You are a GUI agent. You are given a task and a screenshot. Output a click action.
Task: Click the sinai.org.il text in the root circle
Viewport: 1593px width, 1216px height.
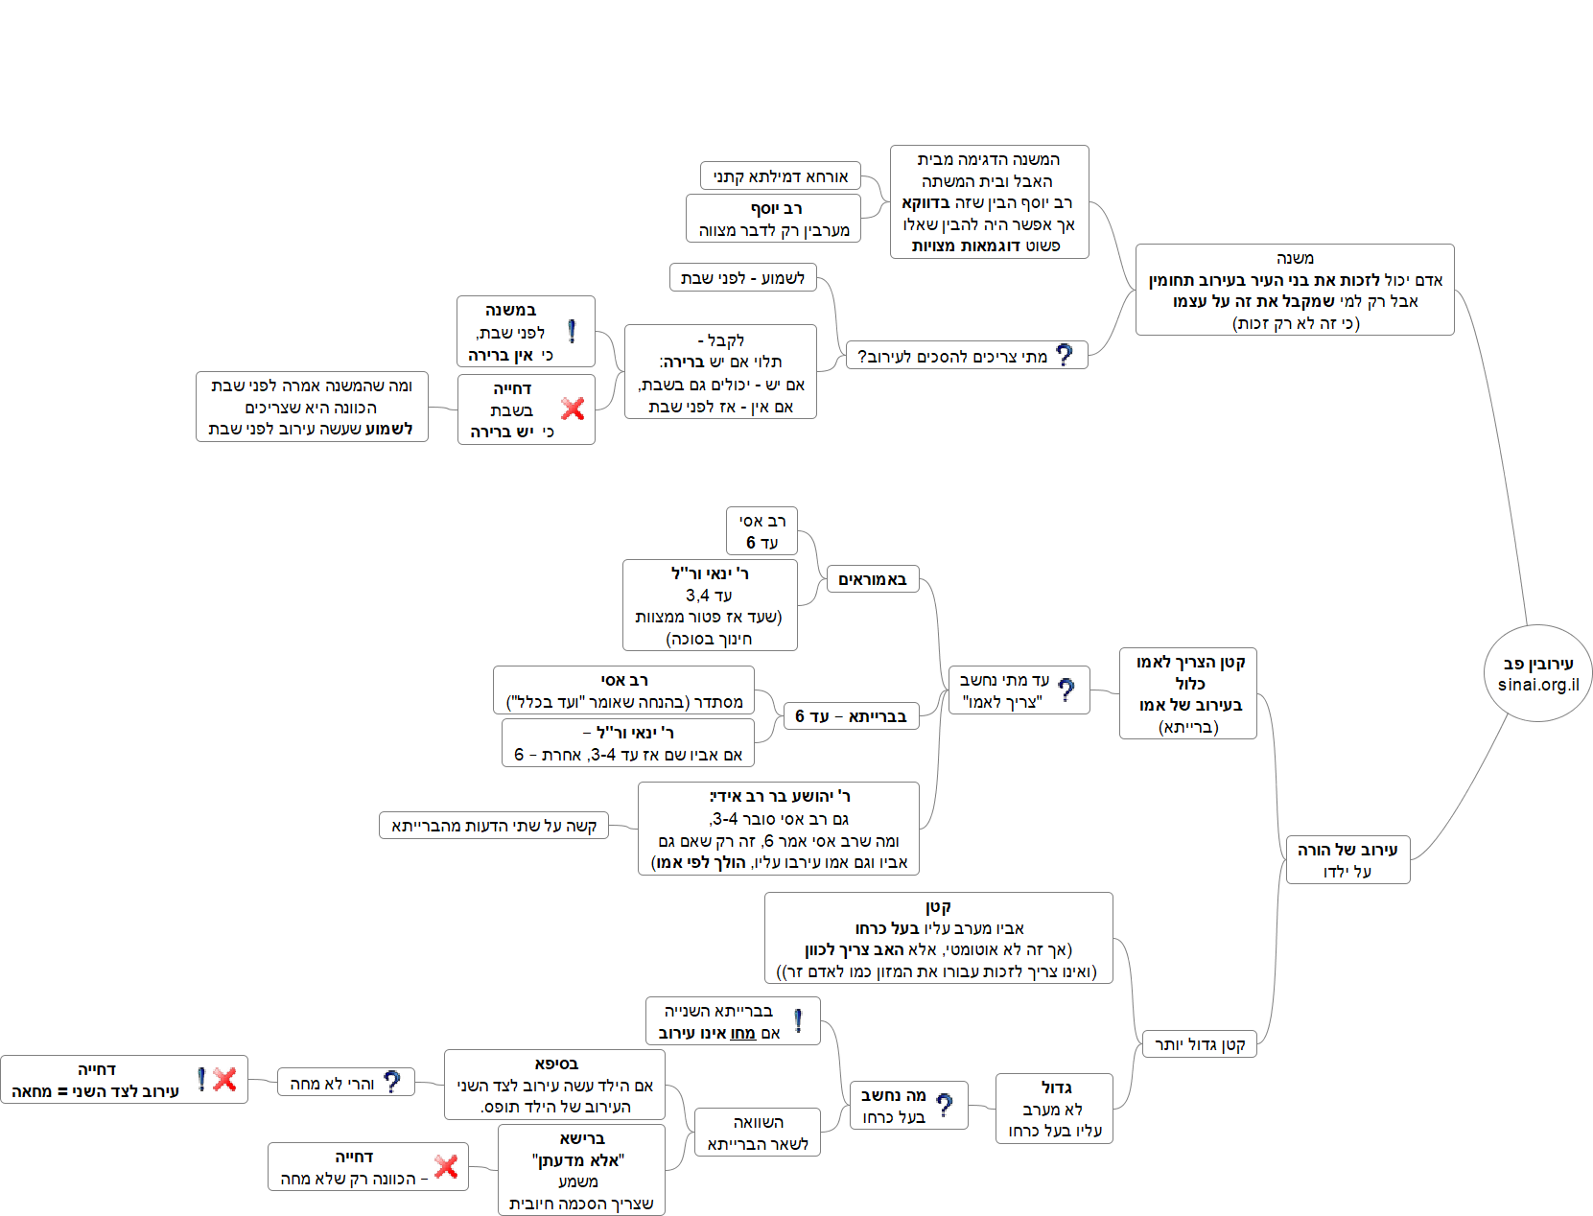1538,685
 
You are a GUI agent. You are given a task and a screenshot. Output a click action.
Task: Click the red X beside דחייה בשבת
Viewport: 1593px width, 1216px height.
573,409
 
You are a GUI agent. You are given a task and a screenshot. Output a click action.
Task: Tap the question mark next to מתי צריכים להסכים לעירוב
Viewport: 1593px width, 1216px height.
1064,355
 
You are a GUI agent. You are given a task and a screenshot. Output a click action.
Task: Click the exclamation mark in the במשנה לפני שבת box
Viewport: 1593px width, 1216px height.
572,332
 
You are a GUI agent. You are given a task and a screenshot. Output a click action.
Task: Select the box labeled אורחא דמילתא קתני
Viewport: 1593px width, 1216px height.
780,176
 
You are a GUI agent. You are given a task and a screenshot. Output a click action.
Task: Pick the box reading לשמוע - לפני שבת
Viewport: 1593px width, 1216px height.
742,278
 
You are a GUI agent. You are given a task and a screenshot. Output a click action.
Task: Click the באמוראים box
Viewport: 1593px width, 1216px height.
872,579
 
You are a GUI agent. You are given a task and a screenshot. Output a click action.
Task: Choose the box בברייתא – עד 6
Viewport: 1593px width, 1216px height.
851,716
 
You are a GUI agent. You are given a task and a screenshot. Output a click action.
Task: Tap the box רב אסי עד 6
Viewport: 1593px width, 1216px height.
761,531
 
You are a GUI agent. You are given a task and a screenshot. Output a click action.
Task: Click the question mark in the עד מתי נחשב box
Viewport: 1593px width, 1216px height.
1066,690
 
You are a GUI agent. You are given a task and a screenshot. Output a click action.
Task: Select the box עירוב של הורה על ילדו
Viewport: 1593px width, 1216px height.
1347,859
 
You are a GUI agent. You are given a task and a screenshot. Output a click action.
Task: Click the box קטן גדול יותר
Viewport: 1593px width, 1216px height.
1199,1044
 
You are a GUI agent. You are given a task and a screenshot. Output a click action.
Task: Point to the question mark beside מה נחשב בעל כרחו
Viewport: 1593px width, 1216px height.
945,1106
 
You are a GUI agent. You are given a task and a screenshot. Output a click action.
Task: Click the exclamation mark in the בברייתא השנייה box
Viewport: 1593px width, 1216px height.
798,1021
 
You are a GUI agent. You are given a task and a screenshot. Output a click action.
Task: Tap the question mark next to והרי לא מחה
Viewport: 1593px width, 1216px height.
392,1082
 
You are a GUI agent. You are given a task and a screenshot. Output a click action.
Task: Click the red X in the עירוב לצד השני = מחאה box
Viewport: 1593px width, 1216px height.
225,1080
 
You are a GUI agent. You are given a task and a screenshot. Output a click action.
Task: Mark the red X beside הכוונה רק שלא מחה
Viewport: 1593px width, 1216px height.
446,1166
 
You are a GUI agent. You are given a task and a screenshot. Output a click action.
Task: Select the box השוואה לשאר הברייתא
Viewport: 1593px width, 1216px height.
758,1133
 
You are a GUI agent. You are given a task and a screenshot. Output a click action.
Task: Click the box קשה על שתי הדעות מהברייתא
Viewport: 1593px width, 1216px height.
494,826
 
